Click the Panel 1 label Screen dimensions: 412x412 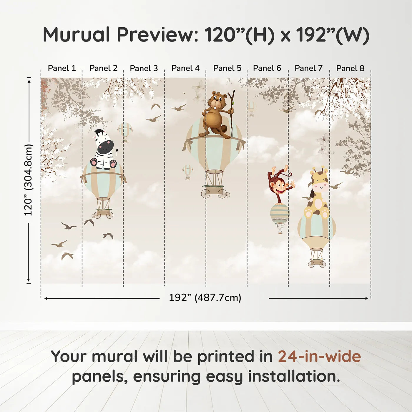62,68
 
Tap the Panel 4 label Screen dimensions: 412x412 185,68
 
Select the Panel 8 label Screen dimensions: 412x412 350,68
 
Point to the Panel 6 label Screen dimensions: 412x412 267,68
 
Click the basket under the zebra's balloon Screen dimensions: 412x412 104,213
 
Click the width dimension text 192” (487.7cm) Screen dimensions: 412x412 205,298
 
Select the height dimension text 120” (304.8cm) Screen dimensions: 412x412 29,180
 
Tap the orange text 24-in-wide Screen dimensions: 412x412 319,357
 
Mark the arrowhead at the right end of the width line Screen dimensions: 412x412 367,298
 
